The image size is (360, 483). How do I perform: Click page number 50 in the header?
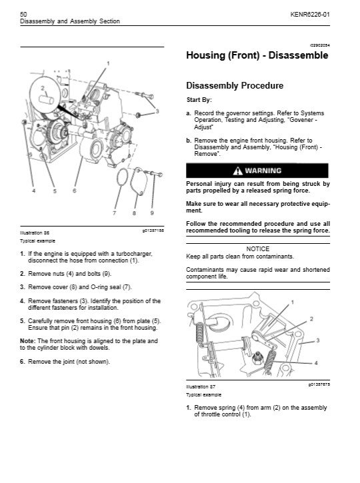click(23, 14)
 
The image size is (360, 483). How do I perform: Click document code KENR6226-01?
click(310, 15)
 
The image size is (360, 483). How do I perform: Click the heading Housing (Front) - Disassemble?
click(257, 55)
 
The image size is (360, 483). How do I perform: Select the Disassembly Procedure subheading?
click(235, 86)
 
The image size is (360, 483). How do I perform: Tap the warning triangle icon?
click(237, 171)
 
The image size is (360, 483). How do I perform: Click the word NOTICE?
click(258, 249)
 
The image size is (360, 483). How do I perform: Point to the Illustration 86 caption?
click(35, 233)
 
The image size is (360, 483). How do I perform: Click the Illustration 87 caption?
click(201, 386)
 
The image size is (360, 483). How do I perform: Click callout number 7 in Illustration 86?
click(115, 213)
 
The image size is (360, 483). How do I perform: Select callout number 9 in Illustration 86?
click(152, 213)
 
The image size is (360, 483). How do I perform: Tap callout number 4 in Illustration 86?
click(34, 191)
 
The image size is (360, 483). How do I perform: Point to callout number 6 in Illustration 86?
click(74, 191)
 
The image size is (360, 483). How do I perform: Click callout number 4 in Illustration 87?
click(316, 363)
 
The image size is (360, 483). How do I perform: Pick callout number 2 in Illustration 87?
click(311, 319)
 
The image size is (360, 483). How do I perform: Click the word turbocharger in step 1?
click(134, 254)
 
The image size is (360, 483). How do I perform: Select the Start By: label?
click(199, 100)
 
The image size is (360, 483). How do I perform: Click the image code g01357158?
click(153, 231)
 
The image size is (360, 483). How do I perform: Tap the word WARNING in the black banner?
click(263, 171)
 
